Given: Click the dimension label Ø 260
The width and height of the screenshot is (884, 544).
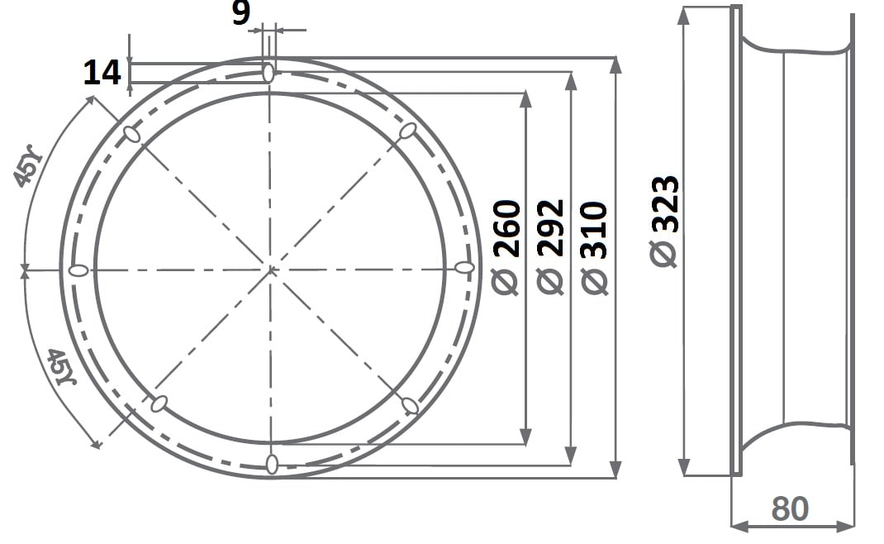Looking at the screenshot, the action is (x=506, y=247).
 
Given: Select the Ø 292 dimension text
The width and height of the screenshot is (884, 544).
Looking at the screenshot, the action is (x=550, y=247).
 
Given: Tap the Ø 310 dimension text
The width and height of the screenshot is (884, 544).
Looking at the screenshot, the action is (x=594, y=248).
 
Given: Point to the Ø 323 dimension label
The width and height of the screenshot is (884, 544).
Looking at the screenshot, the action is (x=664, y=222).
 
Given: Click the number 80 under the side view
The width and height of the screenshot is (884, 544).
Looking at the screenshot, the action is (x=790, y=508).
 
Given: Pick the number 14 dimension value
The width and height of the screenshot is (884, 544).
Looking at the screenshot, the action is (x=102, y=73).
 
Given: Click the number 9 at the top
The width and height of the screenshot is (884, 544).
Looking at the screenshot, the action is (x=241, y=12).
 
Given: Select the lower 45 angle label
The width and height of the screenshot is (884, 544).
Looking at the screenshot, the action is (x=60, y=366).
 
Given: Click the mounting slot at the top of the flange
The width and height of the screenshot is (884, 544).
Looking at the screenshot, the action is (x=269, y=72).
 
